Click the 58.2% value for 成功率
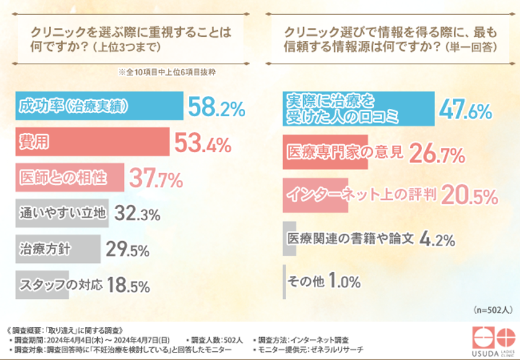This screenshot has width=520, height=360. coord(217,108)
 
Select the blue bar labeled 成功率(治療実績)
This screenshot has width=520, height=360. coord(99,106)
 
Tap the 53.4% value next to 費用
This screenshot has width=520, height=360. coord(202,144)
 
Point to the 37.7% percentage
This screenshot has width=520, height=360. coord(155,179)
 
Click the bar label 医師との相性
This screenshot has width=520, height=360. coord(61,178)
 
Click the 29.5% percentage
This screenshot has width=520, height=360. coord(128,251)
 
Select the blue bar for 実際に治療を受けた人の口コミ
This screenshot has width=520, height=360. coord(359,107)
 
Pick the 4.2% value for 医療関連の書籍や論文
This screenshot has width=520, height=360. coord(438,238)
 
